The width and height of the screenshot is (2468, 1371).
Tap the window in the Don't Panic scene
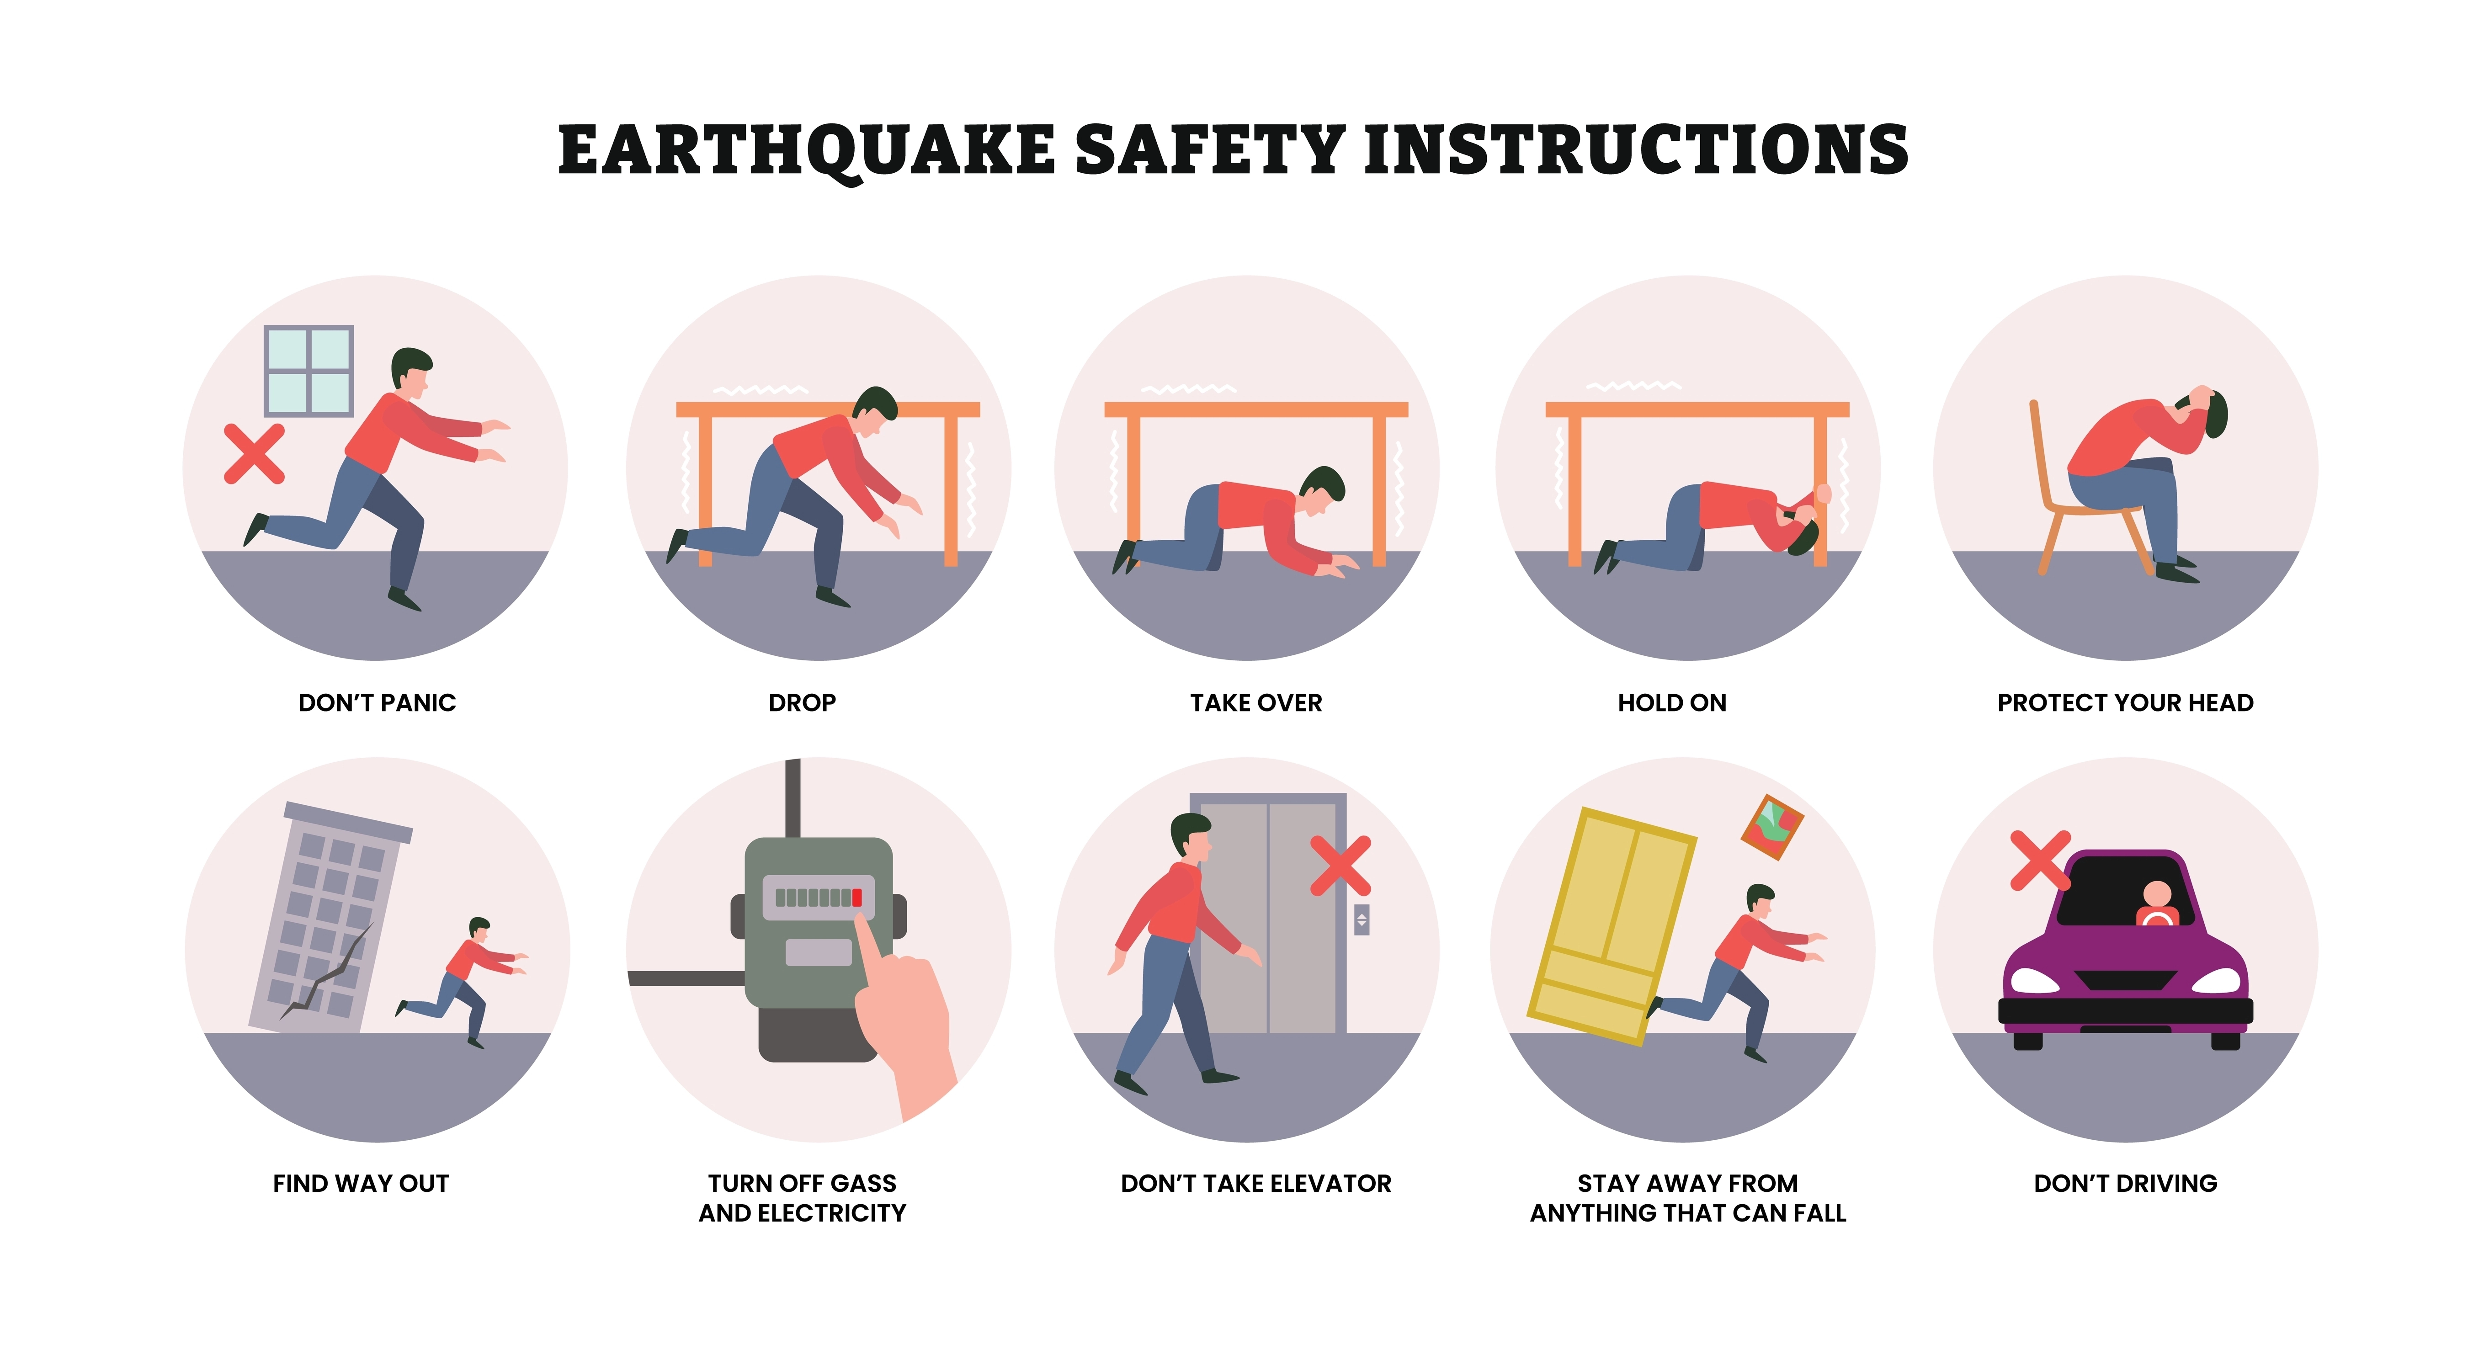click(308, 371)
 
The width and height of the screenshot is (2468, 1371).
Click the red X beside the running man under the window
click(254, 453)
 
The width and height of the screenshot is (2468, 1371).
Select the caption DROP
click(802, 702)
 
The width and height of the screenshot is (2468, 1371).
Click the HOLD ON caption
click(1672, 702)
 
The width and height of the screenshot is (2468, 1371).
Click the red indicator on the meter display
click(856, 898)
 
